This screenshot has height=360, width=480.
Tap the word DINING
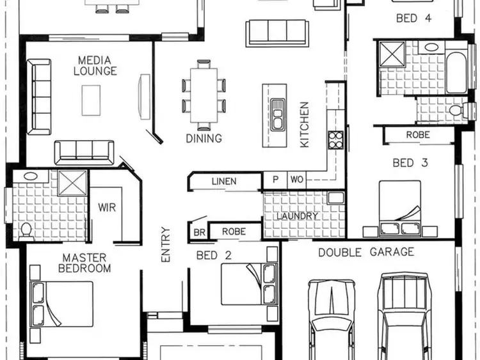(204, 138)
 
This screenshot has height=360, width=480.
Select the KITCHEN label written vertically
(305, 125)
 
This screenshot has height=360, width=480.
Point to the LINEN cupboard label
(223, 182)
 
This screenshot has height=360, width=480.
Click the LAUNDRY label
(297, 216)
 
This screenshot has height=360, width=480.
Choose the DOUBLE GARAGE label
(366, 252)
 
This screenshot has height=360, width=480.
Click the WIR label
(106, 207)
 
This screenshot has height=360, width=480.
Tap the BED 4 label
(414, 18)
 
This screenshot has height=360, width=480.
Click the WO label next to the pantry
(296, 180)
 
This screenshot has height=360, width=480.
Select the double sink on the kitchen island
(277, 113)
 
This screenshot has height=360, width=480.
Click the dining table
(204, 95)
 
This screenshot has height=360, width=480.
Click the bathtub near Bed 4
(456, 72)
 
